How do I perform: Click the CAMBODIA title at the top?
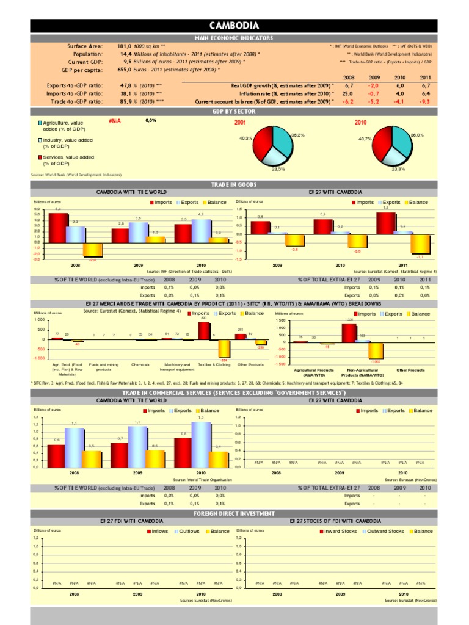pos(234,26)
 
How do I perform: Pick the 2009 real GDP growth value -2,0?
pos(374,86)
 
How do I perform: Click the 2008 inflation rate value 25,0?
pos(348,94)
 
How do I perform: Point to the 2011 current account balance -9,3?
pos(425,102)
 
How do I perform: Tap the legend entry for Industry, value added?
pos(67,143)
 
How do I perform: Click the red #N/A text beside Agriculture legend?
pos(114,121)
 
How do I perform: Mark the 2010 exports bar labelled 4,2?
pos(202,230)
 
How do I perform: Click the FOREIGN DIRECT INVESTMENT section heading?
pos(234,514)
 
